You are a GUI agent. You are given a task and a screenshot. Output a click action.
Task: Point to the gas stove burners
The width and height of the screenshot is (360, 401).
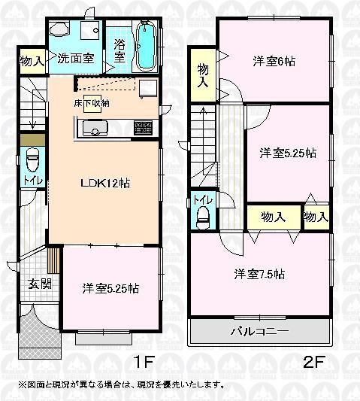pos(142,127)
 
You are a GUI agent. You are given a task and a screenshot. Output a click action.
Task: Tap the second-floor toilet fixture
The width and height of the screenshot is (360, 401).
pos(202,215)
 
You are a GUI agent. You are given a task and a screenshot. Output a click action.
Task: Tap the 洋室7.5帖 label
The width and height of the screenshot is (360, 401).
pos(259,274)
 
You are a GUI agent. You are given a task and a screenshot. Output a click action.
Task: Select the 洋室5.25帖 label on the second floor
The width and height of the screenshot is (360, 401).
pos(288,153)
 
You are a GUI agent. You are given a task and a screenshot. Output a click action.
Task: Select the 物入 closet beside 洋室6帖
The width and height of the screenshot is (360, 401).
pos(202,75)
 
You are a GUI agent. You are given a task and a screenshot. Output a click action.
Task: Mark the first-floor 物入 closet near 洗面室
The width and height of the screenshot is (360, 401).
pos(30,60)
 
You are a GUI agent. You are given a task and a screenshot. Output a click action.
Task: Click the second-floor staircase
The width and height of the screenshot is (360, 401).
pos(203,143)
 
